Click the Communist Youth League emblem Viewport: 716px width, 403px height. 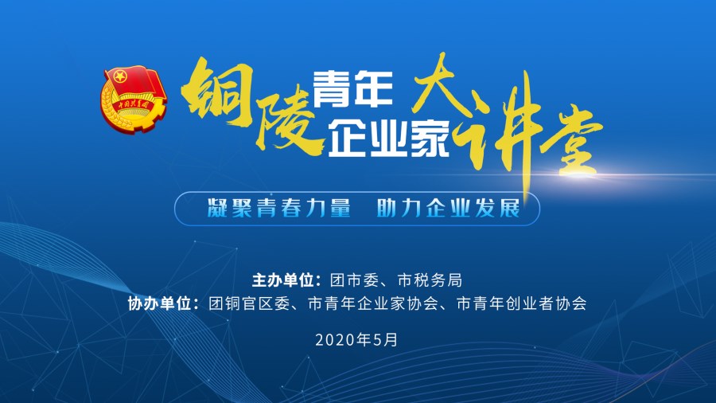134,99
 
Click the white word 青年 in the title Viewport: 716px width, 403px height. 353,89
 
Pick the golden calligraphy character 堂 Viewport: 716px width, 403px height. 572,140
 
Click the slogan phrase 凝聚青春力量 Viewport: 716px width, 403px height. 279,209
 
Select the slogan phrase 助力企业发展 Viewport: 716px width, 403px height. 449,209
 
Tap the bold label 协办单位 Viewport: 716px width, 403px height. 159,303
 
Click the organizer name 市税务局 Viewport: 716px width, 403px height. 430,280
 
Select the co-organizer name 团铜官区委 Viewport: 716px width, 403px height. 249,303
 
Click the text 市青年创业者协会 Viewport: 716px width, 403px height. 521,303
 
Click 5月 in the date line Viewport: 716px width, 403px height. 386,340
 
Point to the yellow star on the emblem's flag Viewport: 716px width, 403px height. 120,76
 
